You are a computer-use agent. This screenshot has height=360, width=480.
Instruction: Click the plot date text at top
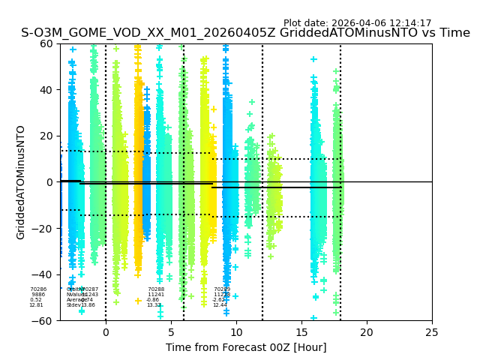coord(357,23)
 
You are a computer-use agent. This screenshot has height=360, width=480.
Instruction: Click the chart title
coord(245,33)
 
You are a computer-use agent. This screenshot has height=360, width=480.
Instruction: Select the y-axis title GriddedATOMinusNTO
coord(21,182)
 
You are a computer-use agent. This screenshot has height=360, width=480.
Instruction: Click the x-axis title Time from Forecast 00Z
coord(246,347)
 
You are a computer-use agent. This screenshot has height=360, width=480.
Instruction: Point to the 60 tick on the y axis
coord(46,43)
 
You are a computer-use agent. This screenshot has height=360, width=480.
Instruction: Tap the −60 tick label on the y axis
coord(43,320)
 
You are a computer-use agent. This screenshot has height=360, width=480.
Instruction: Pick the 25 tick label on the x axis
coord(432,332)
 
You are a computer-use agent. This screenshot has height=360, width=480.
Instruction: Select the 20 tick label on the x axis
coord(367,332)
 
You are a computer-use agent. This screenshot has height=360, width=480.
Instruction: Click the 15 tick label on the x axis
coord(301,332)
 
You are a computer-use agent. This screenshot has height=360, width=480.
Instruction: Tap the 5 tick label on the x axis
coord(171,332)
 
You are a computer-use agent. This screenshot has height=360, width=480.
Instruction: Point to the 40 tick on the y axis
coord(46,90)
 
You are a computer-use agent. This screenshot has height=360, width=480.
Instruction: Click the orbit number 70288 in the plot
coord(156,289)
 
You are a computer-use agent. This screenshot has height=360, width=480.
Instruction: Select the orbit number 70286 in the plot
coord(38,289)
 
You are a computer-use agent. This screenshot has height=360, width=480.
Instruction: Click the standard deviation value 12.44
coord(220,305)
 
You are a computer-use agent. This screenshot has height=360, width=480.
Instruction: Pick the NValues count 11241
coord(156,295)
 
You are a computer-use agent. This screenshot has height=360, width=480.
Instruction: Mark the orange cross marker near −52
coord(138,301)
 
